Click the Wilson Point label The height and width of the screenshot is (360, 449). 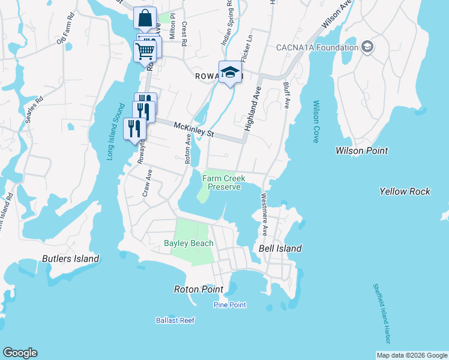pyautogui.click(x=362, y=151)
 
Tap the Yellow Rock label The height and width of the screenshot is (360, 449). pyautogui.click(x=405, y=191)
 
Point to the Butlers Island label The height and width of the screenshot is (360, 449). pyautogui.click(x=70, y=259)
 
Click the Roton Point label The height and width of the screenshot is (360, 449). pyautogui.click(x=198, y=289)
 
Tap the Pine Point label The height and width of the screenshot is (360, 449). pyautogui.click(x=230, y=305)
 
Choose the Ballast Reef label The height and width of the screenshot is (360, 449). pyautogui.click(x=175, y=320)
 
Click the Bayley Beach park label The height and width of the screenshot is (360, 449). pyautogui.click(x=188, y=243)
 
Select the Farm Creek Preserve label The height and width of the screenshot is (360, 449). pyautogui.click(x=221, y=182)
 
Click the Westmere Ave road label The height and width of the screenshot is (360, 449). pyautogui.click(x=264, y=214)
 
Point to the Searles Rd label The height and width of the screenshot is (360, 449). pyautogui.click(x=33, y=108)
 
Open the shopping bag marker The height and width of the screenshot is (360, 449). pyautogui.click(x=145, y=19)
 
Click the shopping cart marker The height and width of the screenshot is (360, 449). pyautogui.click(x=145, y=52)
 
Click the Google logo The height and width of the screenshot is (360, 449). pyautogui.click(x=20, y=353)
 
